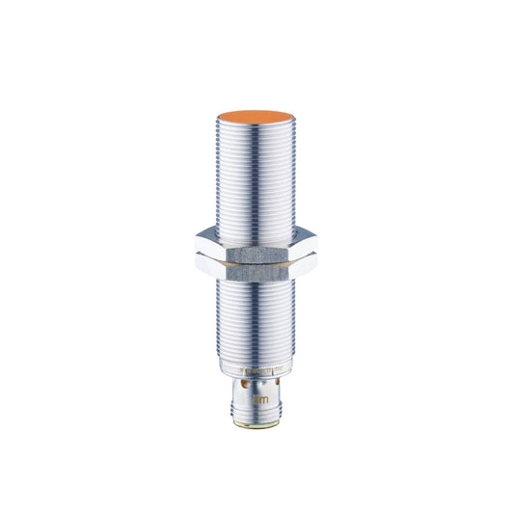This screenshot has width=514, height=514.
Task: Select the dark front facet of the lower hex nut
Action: [256, 267]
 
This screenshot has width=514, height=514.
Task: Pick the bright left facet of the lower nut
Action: [206, 264]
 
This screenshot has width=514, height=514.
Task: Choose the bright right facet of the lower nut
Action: [303, 264]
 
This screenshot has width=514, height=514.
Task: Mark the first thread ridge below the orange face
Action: [256, 136]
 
